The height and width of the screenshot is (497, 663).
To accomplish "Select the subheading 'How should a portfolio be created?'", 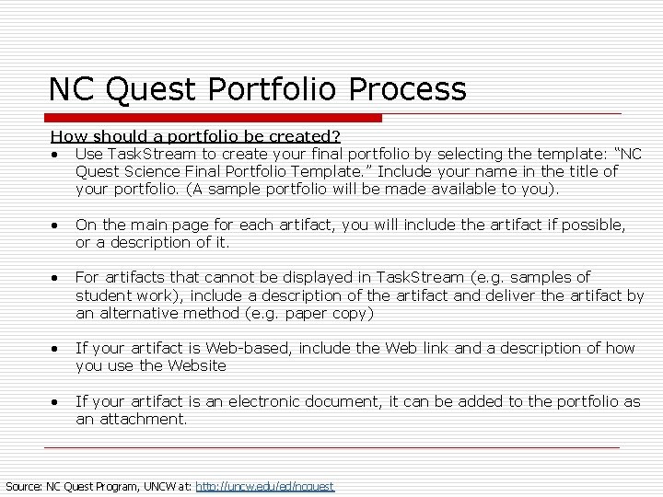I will [195, 136].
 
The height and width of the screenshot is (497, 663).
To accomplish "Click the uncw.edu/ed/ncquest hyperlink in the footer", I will [265, 485].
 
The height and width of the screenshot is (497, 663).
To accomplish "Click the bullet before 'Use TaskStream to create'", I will [56, 155].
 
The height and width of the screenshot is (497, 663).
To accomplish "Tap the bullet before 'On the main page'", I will [56, 225].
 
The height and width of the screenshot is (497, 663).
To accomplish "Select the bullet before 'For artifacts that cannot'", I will [56, 278].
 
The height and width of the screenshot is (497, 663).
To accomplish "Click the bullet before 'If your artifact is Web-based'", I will [56, 349].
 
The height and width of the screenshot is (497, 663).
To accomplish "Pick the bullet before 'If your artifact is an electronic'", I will [56, 402].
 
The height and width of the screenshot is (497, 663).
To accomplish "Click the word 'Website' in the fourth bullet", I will [197, 365].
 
